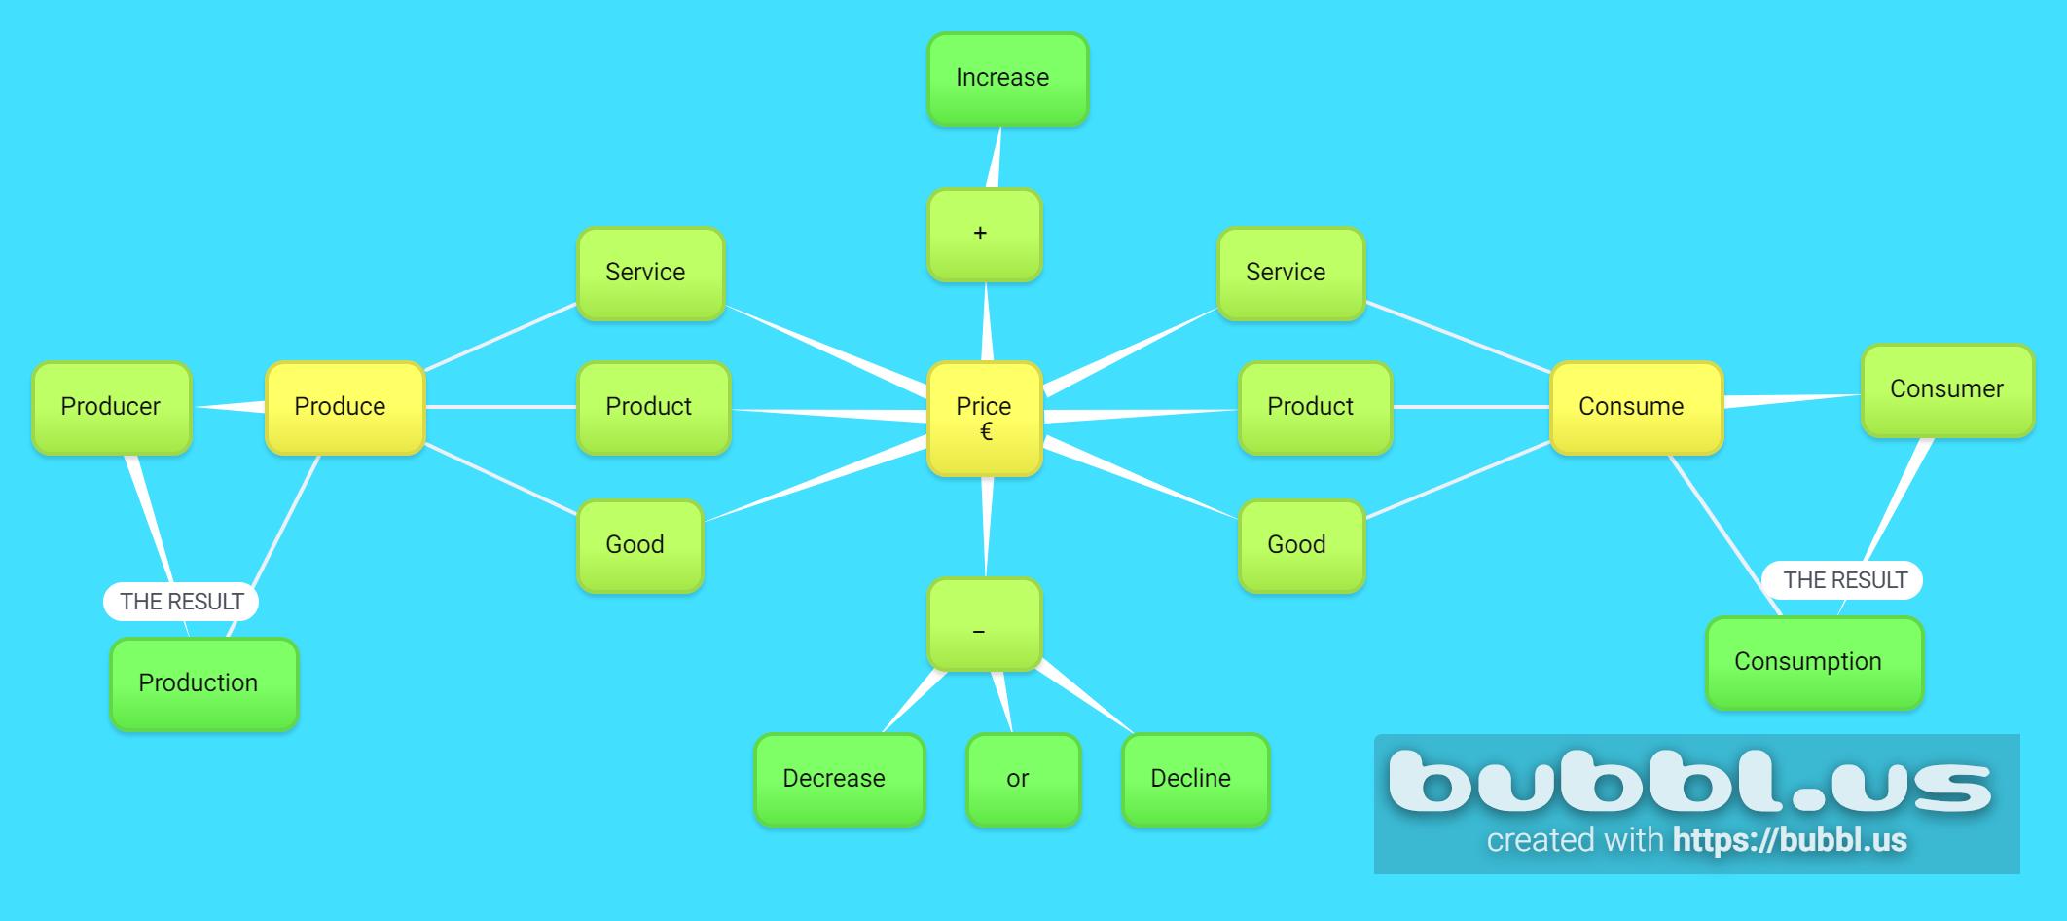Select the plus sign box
pos(984,235)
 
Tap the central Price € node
pos(984,419)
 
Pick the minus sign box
pos(984,625)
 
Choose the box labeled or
pos(1023,780)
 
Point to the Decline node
pos(1195,780)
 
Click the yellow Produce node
pos(344,408)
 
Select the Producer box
pos(112,408)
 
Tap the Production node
pos(203,684)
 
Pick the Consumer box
pos(1947,390)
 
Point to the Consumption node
pos(1814,663)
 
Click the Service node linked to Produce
pos(650,274)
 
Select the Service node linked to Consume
pos(1290,274)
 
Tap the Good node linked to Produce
pos(639,546)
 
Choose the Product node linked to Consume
pos(1315,408)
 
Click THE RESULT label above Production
pos(181,602)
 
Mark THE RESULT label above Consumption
pos(1842,580)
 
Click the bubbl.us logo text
pos(1689,781)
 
